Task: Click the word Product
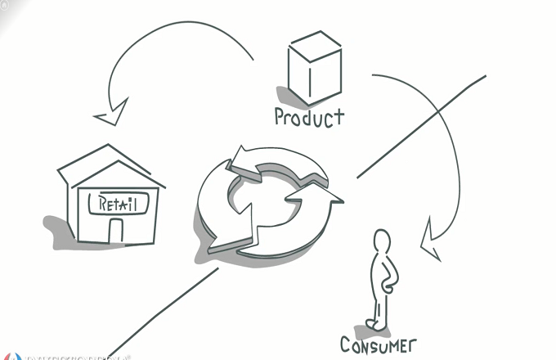[309, 117]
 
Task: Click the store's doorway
[115, 231]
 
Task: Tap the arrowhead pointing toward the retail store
[112, 115]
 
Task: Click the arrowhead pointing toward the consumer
[430, 244]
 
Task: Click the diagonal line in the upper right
[425, 124]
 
